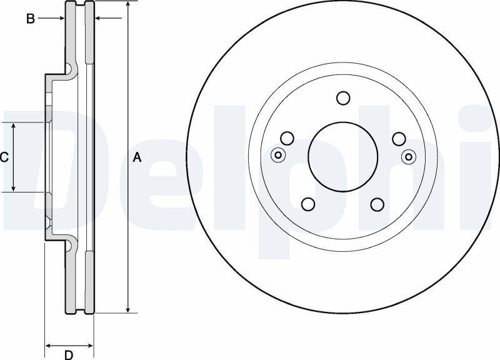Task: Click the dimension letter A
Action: tap(137, 157)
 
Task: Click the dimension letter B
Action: tap(30, 19)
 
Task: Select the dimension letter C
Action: tap(4, 157)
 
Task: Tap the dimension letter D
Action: tap(69, 354)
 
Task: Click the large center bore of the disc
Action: tap(342, 157)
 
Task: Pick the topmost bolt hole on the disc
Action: tap(343, 98)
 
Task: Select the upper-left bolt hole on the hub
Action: tap(287, 138)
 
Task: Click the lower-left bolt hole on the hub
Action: tap(308, 204)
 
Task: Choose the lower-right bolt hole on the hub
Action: tap(377, 204)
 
